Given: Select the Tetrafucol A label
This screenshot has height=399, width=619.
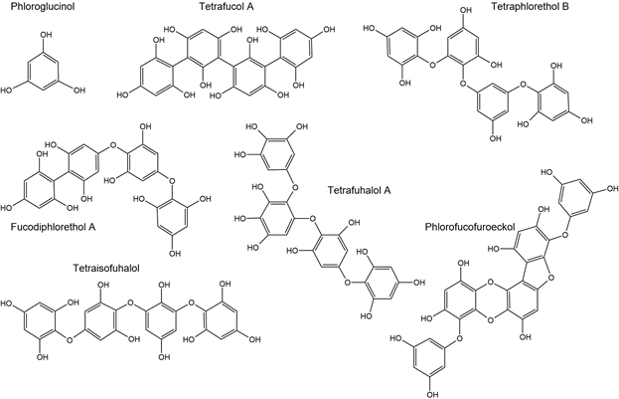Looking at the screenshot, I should [229, 8].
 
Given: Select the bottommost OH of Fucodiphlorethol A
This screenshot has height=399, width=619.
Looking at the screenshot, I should [175, 256].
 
